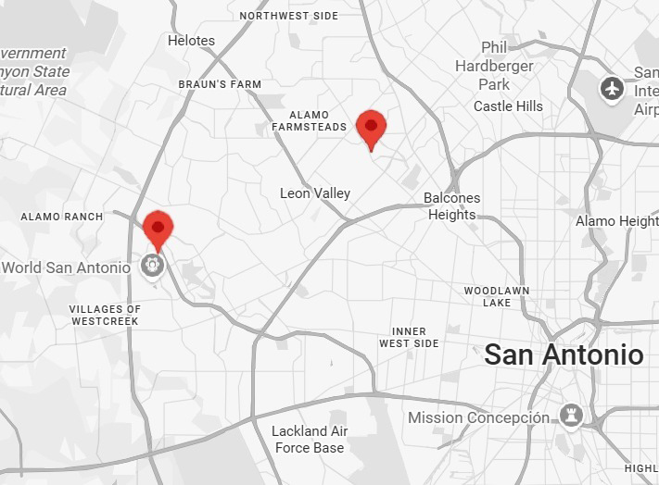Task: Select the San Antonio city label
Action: point(564,354)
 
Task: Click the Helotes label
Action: point(191,41)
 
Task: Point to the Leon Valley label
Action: point(315,193)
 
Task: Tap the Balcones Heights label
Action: point(452,206)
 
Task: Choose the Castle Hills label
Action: point(508,106)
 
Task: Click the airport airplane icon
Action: point(612,89)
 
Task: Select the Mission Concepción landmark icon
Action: point(570,417)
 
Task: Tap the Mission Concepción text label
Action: point(479,418)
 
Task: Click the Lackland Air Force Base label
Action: point(310,440)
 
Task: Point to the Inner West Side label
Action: point(409,338)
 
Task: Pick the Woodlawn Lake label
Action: point(497,296)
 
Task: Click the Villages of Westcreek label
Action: point(105,315)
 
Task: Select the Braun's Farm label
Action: point(220,84)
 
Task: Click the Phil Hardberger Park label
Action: point(495,66)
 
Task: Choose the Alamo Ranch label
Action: point(62,217)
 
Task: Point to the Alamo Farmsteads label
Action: point(309,120)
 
